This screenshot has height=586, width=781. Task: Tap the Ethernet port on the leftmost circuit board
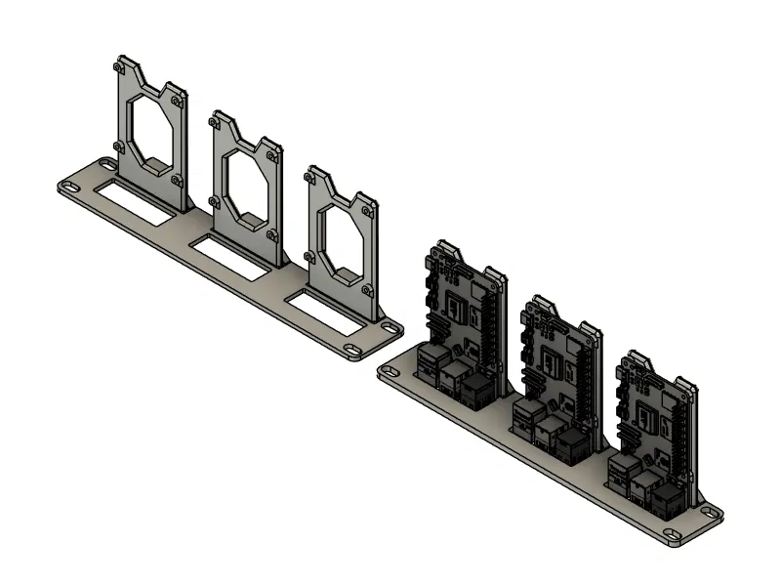[x=478, y=391]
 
